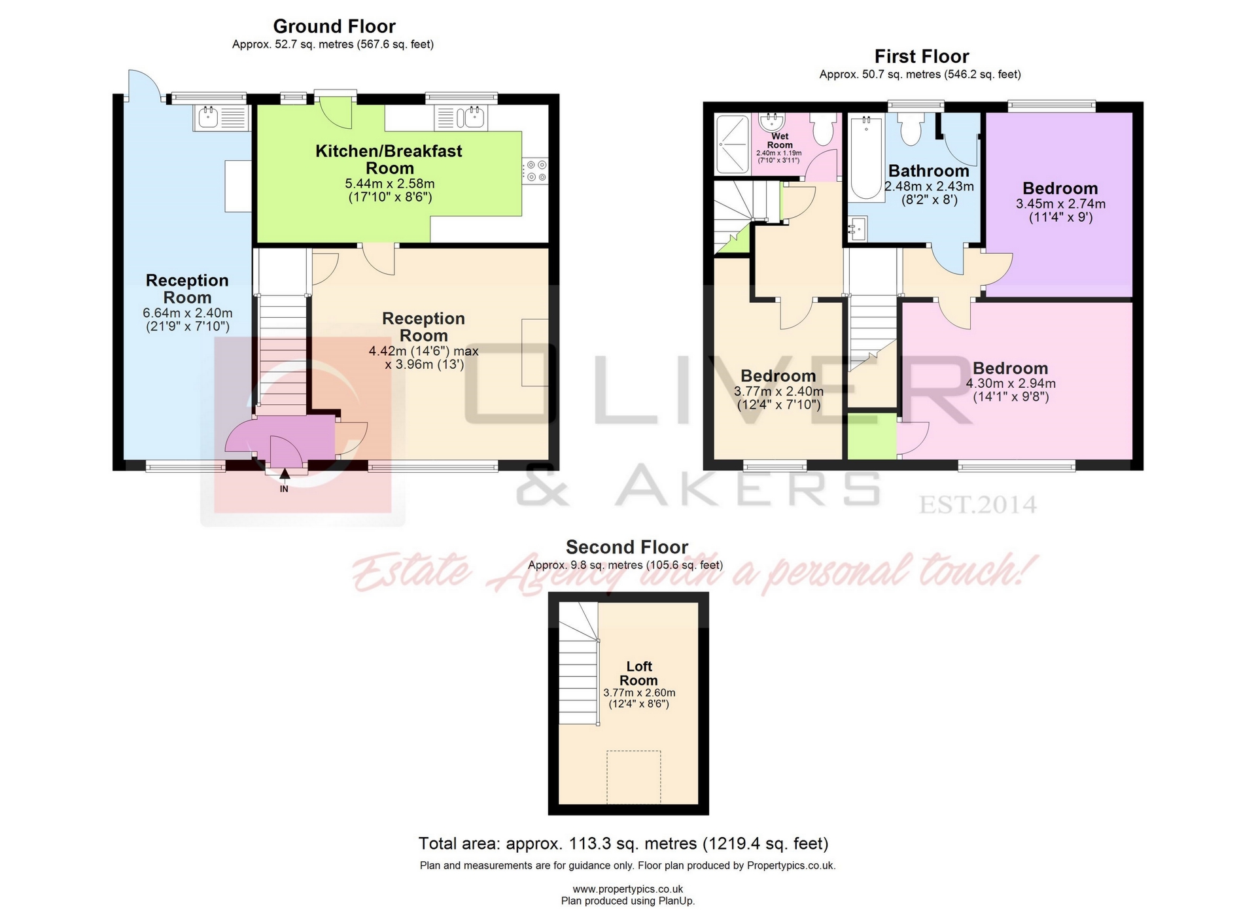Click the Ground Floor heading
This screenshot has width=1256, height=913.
click(x=334, y=26)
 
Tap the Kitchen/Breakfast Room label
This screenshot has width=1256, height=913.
click(x=389, y=160)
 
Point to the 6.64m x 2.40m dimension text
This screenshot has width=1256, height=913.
click(x=187, y=313)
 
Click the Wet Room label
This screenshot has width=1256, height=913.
click(x=780, y=141)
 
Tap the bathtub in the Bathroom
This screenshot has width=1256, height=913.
click(x=867, y=157)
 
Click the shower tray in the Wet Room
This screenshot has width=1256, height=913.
click(x=732, y=145)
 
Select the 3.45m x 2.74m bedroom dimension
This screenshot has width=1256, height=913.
click(x=1060, y=204)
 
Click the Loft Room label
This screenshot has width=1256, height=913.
click(x=638, y=673)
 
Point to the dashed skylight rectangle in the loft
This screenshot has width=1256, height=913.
click(x=633, y=776)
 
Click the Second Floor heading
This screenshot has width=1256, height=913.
click(x=627, y=547)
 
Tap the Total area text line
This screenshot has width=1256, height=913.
click(x=623, y=844)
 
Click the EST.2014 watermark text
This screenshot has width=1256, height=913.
click(x=978, y=505)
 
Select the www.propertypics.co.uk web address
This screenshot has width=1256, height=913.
click(x=627, y=889)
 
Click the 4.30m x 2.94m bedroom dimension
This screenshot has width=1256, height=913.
click(x=1011, y=383)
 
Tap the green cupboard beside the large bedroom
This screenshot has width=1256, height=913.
click(x=872, y=436)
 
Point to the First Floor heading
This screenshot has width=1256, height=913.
click(x=921, y=56)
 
